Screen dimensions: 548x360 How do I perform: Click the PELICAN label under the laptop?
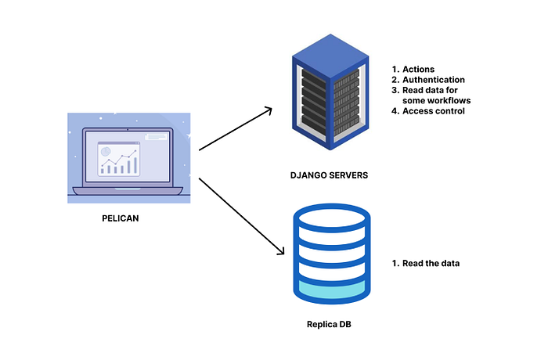tap(121, 218)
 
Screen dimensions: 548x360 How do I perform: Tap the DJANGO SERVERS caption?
tap(330, 175)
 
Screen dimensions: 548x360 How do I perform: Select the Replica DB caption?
tap(329, 324)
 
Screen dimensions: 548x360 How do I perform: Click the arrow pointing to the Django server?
tap(235, 129)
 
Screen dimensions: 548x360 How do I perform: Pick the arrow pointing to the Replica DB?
tap(241, 216)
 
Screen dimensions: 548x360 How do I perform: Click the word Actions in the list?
tap(418, 69)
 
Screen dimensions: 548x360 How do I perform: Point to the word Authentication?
tap(434, 80)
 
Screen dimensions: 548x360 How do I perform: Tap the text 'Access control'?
tap(434, 111)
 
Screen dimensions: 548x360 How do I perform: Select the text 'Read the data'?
tap(431, 263)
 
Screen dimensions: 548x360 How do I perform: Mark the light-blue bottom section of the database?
tap(332, 289)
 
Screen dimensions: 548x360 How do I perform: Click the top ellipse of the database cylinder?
tap(332, 218)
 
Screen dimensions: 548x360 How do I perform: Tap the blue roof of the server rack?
tap(330, 56)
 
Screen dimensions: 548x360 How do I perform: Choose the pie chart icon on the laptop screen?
tap(106, 151)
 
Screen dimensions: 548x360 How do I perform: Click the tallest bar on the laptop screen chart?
tap(135, 165)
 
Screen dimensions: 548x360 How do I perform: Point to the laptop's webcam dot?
tap(128, 130)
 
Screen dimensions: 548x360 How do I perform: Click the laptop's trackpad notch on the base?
tap(128, 189)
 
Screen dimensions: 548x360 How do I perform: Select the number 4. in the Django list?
tap(395, 111)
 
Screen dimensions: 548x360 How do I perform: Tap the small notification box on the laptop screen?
tap(156, 137)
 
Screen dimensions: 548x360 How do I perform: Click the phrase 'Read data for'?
tap(430, 90)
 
